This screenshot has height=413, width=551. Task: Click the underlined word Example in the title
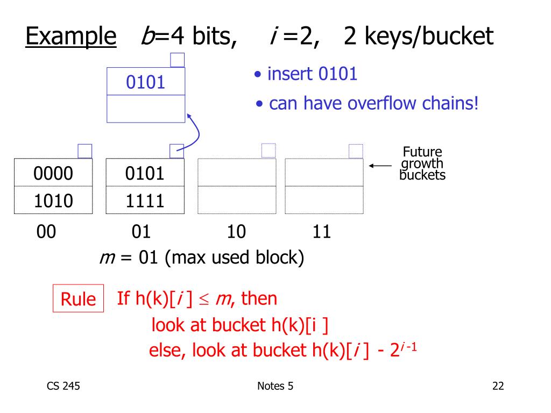coord(71,37)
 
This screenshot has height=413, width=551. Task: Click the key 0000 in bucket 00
coord(53,174)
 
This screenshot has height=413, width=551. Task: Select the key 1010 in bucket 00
coord(53,201)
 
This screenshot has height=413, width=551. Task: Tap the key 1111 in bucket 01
coord(145,201)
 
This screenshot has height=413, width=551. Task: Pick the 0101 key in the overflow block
coord(145,82)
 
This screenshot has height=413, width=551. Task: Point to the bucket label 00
coord(46,232)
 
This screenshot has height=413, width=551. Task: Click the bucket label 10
coord(236,232)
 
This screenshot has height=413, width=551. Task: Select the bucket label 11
coord(321,232)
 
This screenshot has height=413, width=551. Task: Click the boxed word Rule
coord(78,299)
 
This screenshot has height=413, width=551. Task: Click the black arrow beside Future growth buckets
coord(380,166)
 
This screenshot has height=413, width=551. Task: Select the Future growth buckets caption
coord(422,163)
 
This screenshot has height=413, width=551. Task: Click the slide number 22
coord(498,386)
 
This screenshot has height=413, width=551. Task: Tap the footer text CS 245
coord(63,386)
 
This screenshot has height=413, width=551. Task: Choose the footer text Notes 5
coord(275,386)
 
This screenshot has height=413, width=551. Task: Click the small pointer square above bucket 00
coord(85,151)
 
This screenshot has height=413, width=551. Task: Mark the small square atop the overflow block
coord(178,60)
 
